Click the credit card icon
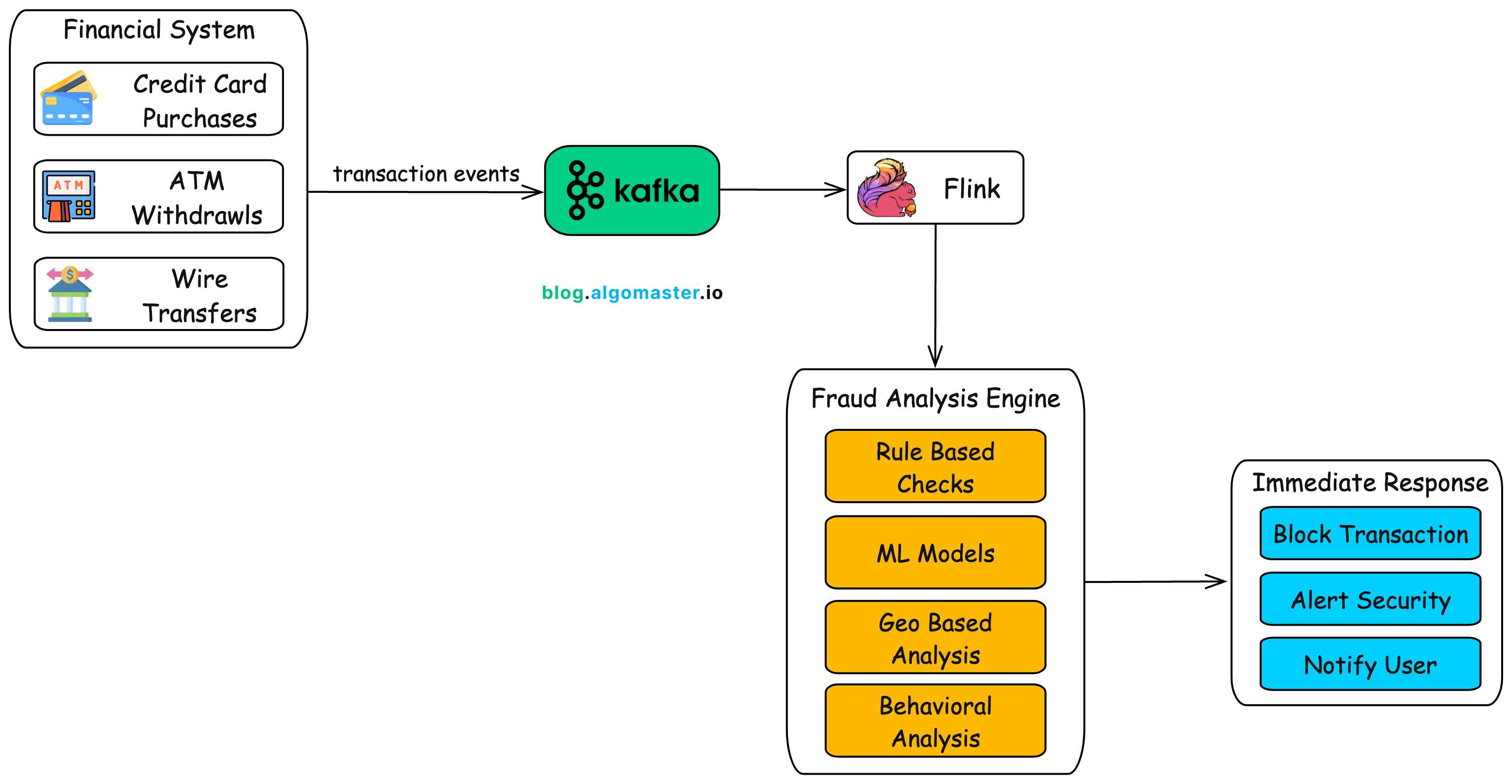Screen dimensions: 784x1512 (68, 98)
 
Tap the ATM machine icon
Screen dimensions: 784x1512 (69, 196)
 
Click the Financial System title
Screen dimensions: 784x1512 (159, 30)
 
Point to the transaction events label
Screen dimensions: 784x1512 (426, 174)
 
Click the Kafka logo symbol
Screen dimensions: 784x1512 (585, 190)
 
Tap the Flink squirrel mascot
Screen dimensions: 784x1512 (886, 188)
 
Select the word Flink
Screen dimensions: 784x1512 (971, 189)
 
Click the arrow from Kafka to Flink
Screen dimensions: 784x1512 (782, 189)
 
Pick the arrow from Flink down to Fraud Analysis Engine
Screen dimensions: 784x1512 (935, 294)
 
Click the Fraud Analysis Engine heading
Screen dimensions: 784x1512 (935, 398)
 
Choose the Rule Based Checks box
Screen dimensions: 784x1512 (935, 467)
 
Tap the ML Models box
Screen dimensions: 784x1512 (935, 553)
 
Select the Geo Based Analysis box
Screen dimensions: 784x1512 (935, 637)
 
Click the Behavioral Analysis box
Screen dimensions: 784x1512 (935, 721)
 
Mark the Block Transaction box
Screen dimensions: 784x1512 (1370, 534)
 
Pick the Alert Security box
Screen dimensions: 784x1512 (1370, 599)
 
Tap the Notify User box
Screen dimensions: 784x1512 (1370, 664)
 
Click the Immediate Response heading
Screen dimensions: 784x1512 (1370, 482)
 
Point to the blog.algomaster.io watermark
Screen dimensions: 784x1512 (632, 292)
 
